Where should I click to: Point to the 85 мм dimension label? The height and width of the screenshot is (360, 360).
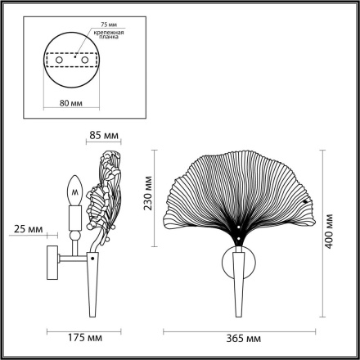tap(104, 136)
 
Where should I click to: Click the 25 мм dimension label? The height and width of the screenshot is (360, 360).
tap(29, 231)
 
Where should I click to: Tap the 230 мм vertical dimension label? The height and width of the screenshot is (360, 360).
tap(148, 196)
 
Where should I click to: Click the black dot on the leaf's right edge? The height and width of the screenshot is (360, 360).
tap(306, 201)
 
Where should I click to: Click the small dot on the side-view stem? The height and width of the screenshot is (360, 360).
tap(92, 259)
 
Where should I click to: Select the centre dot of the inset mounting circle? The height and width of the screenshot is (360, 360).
tap(70, 60)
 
